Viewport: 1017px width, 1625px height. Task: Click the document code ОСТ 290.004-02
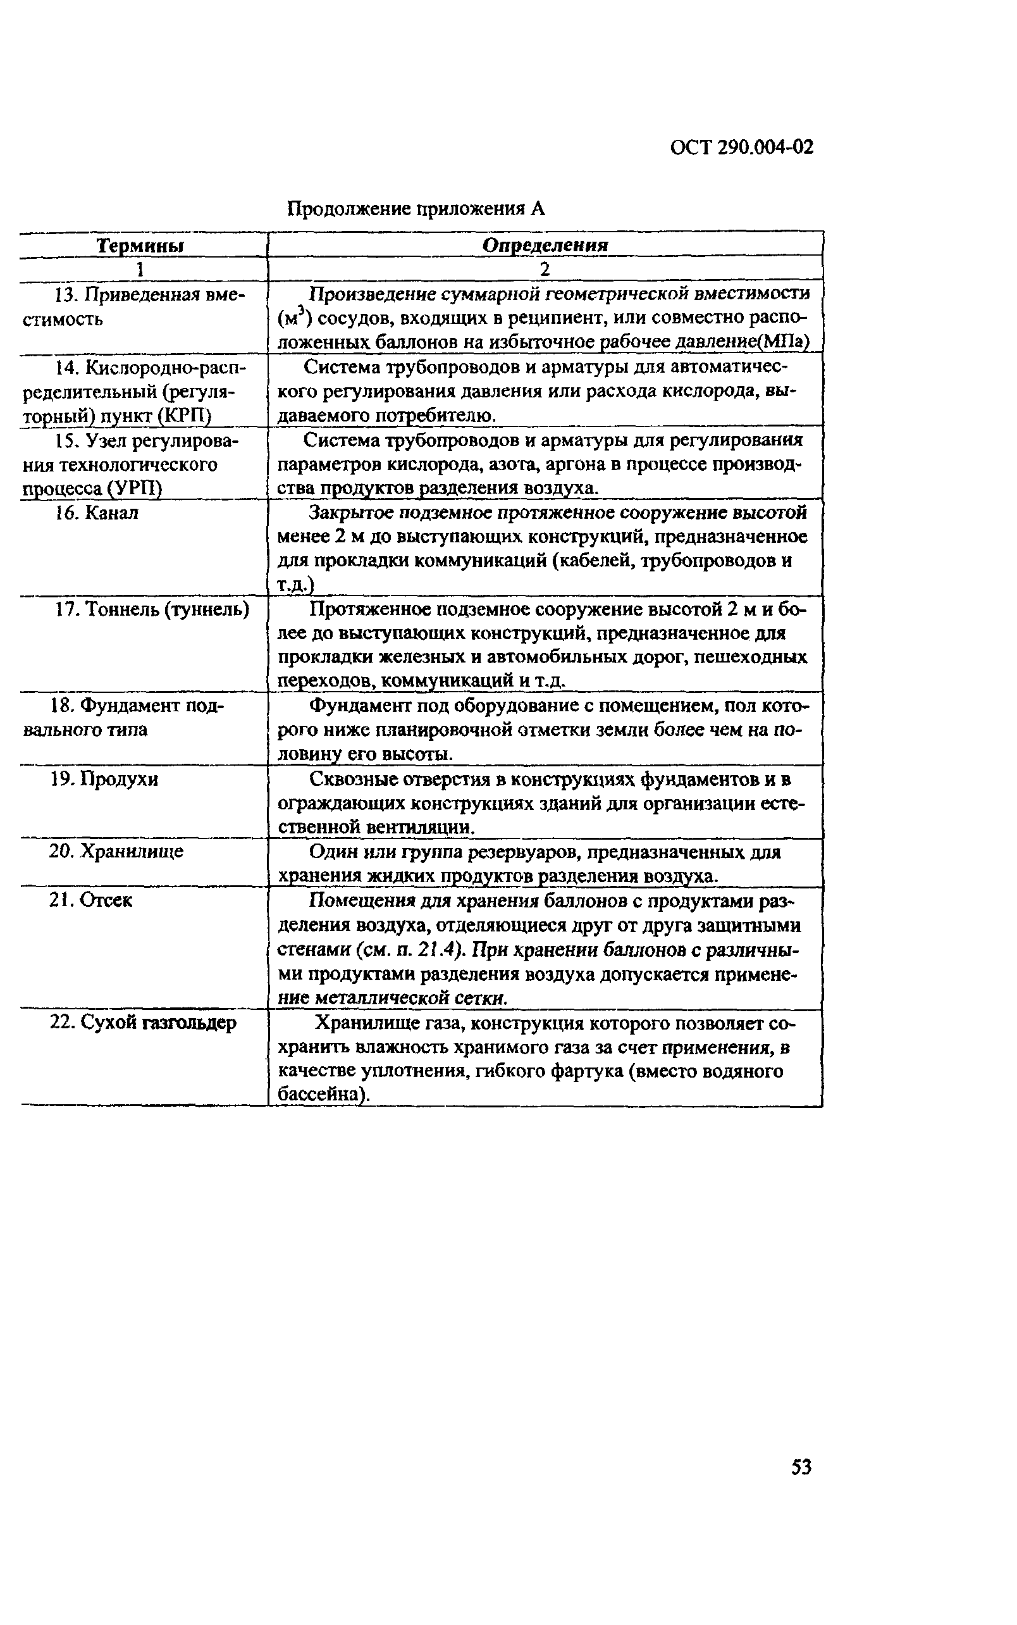[x=742, y=147]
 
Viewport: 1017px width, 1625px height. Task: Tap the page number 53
[x=801, y=1467]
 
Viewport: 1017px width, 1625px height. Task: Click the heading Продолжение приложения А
[x=416, y=209]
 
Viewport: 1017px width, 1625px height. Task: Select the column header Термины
[x=140, y=246]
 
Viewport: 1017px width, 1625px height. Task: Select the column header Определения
[x=545, y=245]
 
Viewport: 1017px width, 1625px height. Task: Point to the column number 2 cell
[x=545, y=268]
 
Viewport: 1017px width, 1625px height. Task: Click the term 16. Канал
[x=97, y=513]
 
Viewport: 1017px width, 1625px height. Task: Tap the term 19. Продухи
[x=104, y=779]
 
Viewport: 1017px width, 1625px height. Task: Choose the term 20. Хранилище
[x=116, y=852]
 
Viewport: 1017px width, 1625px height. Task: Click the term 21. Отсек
[x=91, y=900]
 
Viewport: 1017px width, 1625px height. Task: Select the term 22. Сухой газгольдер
[x=144, y=1023]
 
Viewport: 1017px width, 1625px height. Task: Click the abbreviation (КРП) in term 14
[x=184, y=416]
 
